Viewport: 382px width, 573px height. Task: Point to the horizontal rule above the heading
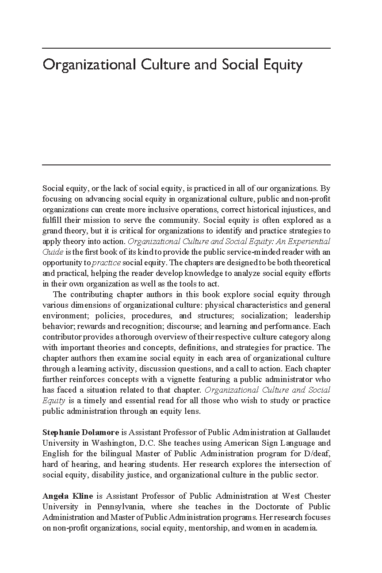coord(186,48)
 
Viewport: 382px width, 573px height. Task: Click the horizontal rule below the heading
coord(186,165)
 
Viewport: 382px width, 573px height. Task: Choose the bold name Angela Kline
coord(68,496)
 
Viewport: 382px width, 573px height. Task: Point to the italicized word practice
coord(106,262)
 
